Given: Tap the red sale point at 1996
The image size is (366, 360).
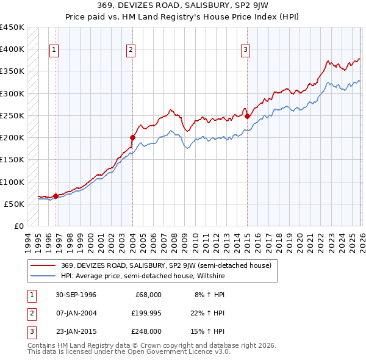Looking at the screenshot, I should [56, 196].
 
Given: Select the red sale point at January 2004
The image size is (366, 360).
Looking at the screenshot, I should [132, 137].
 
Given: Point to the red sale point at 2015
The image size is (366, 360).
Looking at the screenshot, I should [247, 116].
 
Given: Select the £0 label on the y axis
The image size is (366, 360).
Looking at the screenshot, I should [18, 226].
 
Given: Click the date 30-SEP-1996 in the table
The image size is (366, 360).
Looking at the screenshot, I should [76, 295].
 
